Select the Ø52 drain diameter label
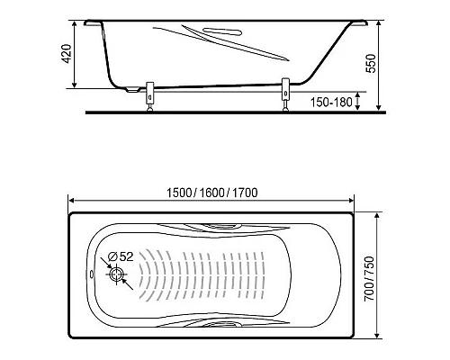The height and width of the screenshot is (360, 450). pyautogui.click(x=119, y=256)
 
